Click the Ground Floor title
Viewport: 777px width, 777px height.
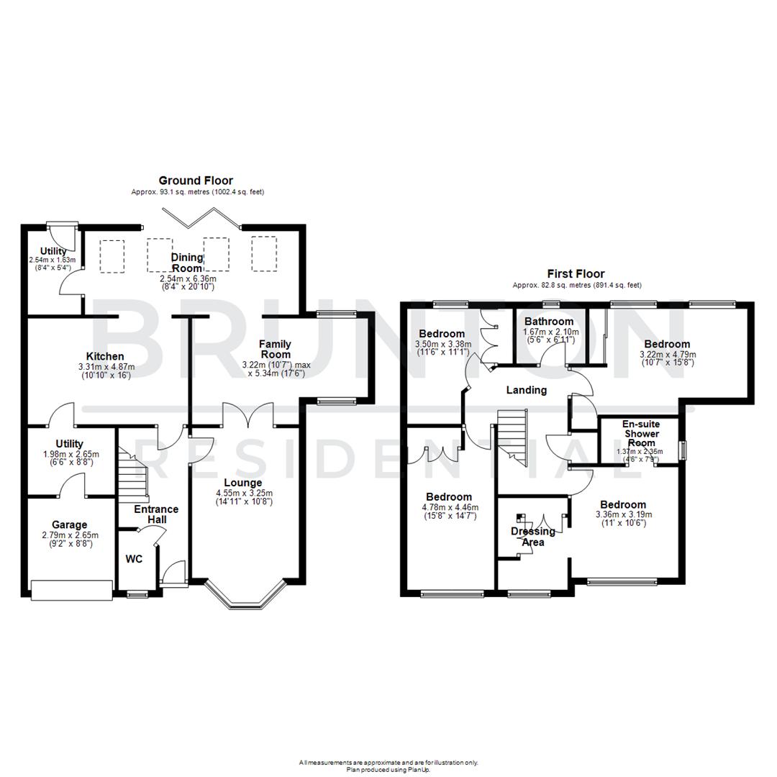[x=196, y=181]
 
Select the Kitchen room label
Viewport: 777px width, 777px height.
[x=106, y=356]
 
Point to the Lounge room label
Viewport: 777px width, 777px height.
[x=242, y=482]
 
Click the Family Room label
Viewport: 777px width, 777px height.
[x=275, y=349]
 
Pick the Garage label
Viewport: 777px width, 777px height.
[x=69, y=524]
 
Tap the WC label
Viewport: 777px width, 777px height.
[x=135, y=558]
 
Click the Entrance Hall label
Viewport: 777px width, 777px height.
[x=156, y=514]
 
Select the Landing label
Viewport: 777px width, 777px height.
[x=526, y=390]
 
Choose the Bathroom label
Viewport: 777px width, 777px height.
[x=549, y=322]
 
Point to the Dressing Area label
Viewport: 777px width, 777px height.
[x=533, y=537]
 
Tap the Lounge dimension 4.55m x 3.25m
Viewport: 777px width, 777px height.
[x=242, y=494]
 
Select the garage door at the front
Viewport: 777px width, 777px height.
[x=72, y=590]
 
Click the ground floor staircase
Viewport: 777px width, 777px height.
[x=133, y=475]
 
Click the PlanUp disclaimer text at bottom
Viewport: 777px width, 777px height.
[x=388, y=765]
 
